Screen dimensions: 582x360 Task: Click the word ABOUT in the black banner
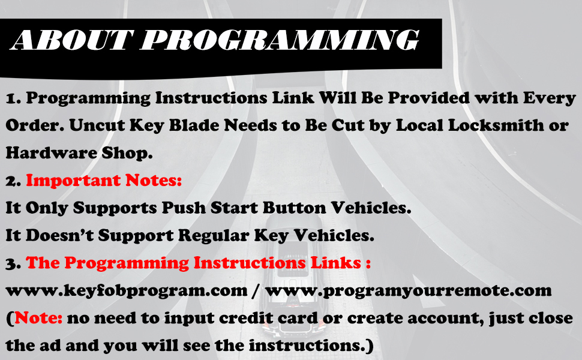coord(71,40)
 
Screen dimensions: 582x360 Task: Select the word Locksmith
coord(496,125)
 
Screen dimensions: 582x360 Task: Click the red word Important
coord(73,181)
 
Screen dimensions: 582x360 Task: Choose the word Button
coord(295,208)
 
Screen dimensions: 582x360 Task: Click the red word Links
coord(335,262)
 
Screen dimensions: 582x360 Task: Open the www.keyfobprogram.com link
coord(127,291)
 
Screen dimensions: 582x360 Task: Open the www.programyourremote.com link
coord(409,291)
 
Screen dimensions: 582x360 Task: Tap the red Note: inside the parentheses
coord(38,317)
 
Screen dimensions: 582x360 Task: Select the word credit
coord(245,317)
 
